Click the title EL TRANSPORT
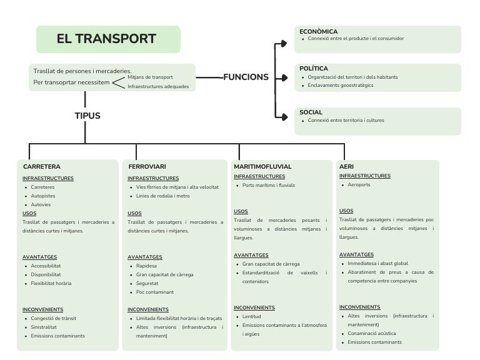(106, 39)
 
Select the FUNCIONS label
(246, 77)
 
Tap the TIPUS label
(87, 116)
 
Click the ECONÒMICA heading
(318, 32)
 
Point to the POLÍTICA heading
(314, 69)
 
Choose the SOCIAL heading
(311, 112)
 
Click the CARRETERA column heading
(41, 167)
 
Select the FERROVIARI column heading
(147, 167)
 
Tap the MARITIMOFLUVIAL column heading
(262, 167)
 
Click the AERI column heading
(346, 167)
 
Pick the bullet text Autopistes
(43, 196)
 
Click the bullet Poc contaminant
(155, 292)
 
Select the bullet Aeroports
(359, 185)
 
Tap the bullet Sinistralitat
(44, 327)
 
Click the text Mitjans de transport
(150, 77)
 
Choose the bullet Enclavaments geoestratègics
(340, 86)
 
